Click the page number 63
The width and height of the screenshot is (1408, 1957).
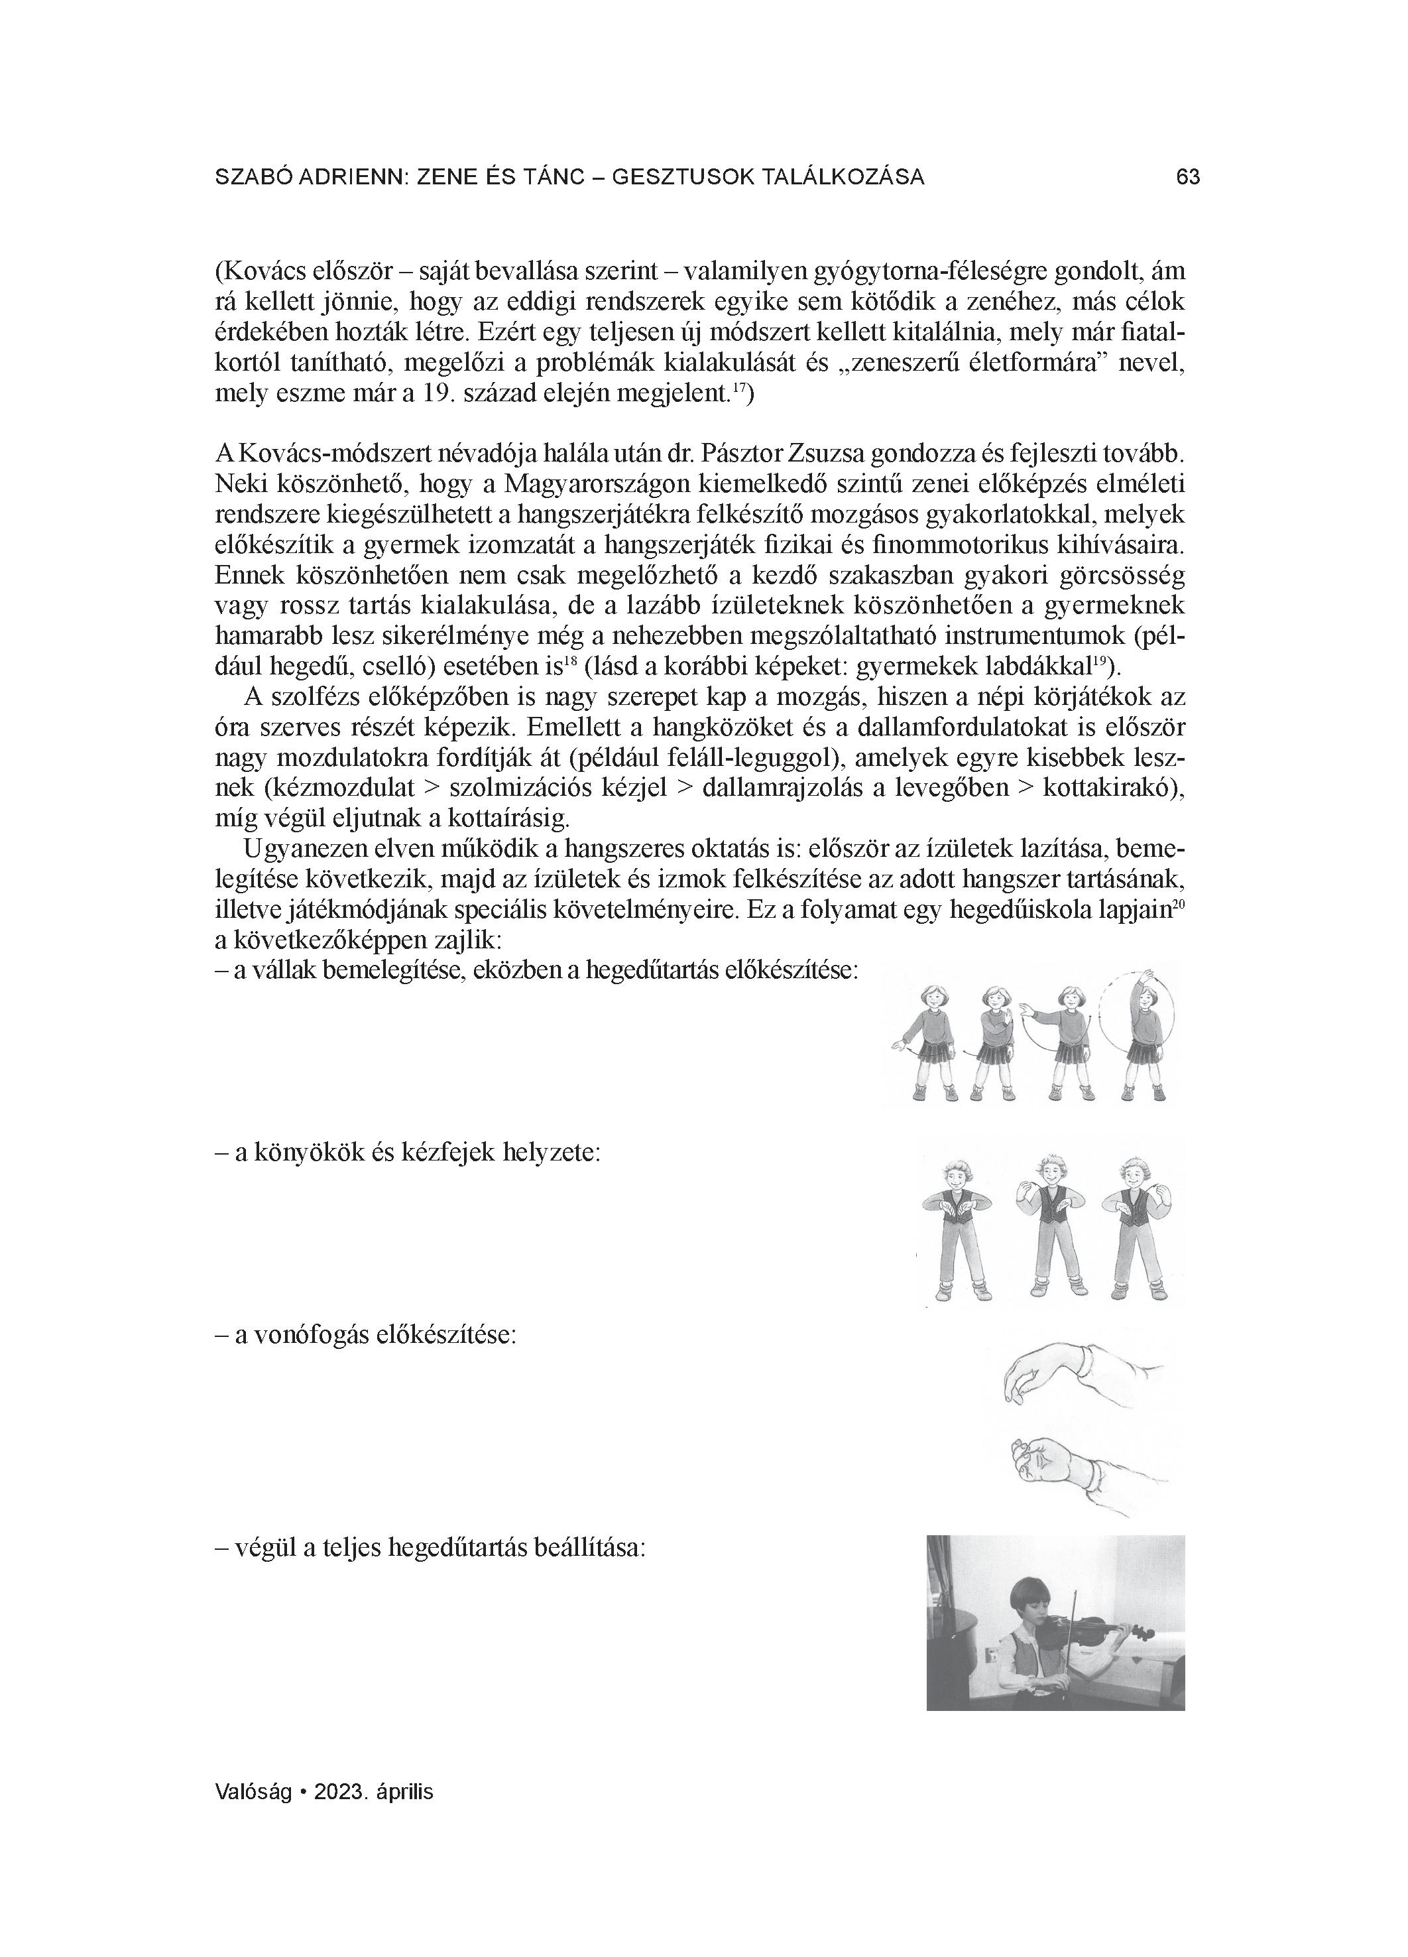click(x=1187, y=178)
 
